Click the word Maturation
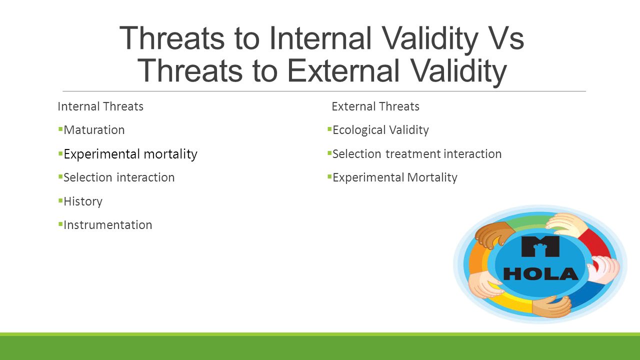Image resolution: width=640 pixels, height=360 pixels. tap(94, 130)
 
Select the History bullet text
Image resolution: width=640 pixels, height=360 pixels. tap(83, 201)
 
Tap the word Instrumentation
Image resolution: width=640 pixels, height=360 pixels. tap(107, 225)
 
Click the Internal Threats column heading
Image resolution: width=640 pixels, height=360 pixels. tap(100, 106)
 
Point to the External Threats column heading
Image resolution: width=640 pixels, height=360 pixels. tap(375, 106)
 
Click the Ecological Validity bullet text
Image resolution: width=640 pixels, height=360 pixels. tap(380, 130)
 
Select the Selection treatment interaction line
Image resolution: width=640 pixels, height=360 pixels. tap(417, 154)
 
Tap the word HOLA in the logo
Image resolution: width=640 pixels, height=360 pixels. tap(540, 273)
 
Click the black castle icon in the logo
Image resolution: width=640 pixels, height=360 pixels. tap(540, 246)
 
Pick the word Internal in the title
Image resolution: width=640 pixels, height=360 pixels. tap(320, 38)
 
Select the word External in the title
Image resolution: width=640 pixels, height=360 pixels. tap(343, 70)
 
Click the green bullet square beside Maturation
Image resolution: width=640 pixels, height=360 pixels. tap(60, 129)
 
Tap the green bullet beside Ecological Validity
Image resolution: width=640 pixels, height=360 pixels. tap(329, 129)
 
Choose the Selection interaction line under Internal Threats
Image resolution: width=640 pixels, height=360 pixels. tap(119, 177)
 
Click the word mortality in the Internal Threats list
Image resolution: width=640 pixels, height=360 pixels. tap(170, 154)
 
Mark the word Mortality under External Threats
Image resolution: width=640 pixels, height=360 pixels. tap(432, 177)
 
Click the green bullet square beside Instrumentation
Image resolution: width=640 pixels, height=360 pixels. tap(60, 224)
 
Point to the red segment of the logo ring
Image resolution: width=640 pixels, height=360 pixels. tap(595, 245)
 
